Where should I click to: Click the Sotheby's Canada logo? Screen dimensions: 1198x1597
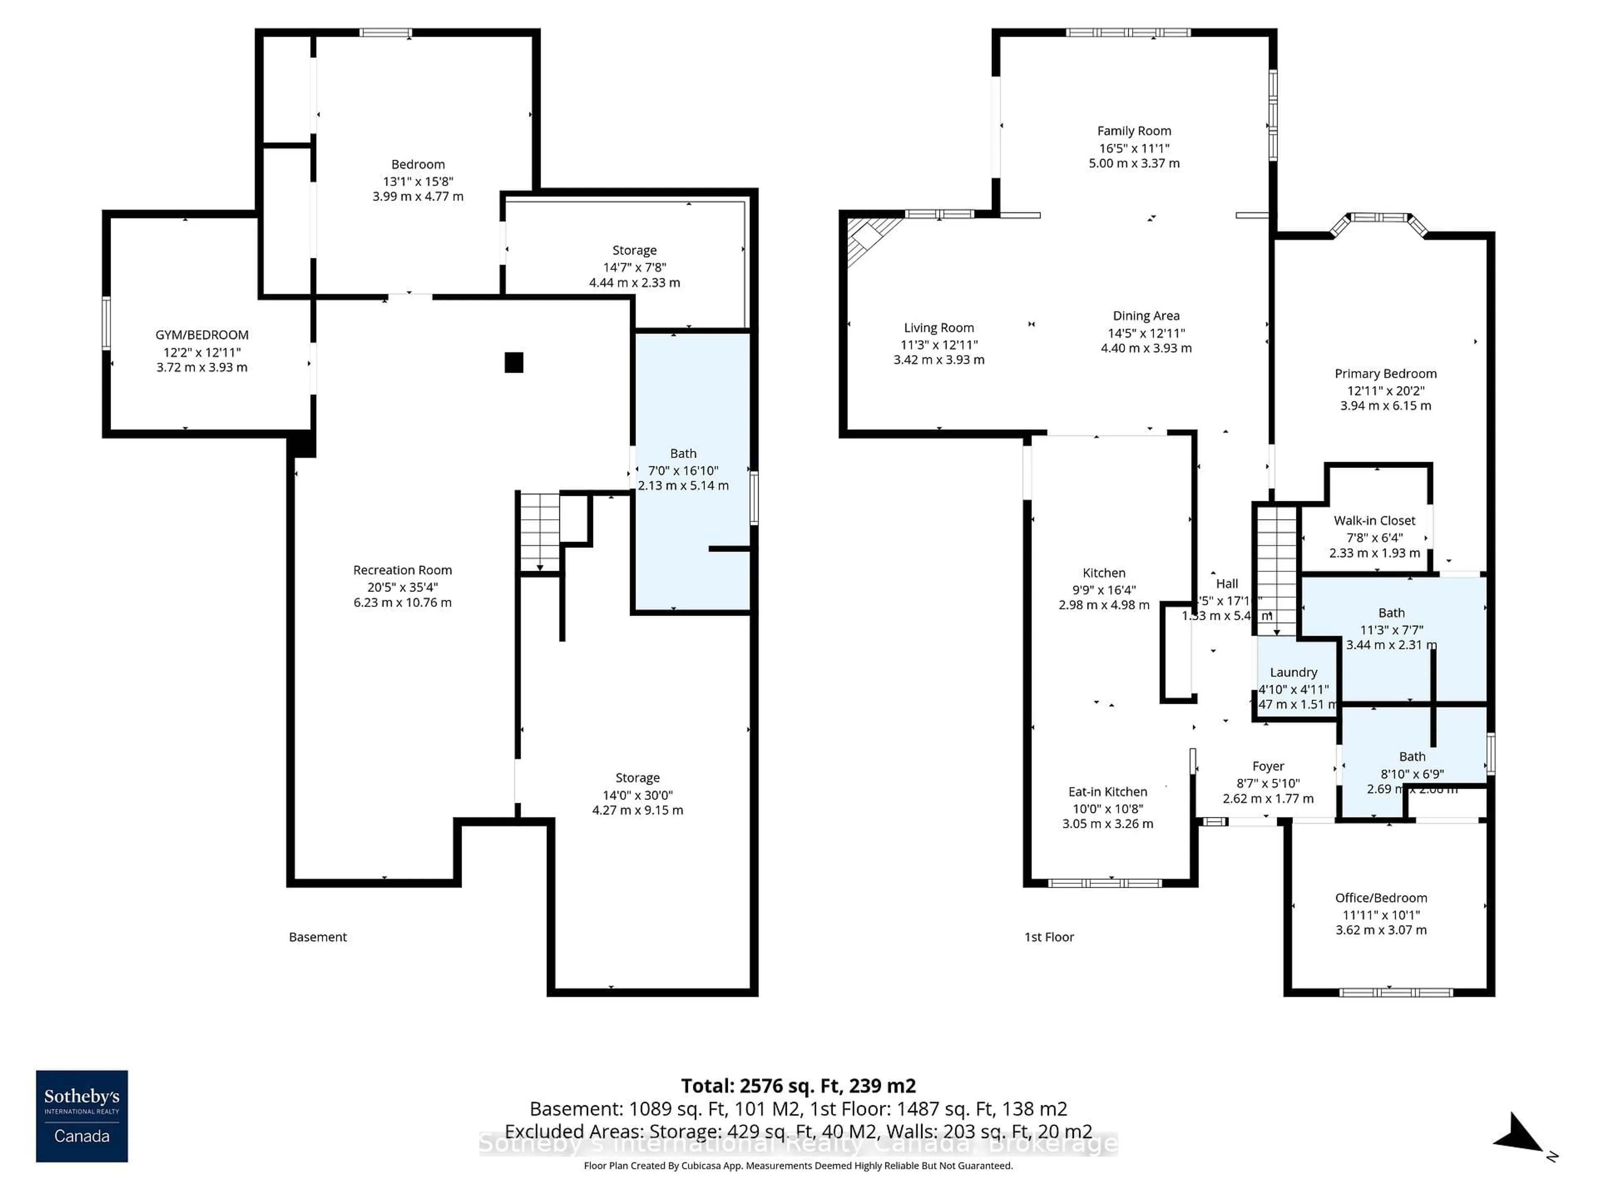click(82, 1116)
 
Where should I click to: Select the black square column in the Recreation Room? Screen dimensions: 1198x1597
click(513, 362)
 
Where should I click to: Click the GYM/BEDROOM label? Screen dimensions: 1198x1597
click(202, 335)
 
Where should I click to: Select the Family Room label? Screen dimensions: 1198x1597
click(1133, 131)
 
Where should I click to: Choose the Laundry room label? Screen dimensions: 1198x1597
click(1293, 672)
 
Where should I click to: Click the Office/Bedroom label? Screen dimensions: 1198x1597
click(1380, 898)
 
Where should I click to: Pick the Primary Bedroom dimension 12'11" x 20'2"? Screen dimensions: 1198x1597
click(1385, 391)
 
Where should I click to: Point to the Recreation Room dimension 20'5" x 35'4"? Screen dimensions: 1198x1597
click(402, 587)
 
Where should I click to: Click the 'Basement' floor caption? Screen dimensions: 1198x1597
click(318, 937)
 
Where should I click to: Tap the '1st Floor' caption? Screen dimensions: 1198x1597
click(1049, 937)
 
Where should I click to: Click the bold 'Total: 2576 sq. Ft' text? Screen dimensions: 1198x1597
click(798, 1085)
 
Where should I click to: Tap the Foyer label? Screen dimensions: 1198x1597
click(1268, 766)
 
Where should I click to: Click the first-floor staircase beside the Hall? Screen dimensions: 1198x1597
click(1276, 570)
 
